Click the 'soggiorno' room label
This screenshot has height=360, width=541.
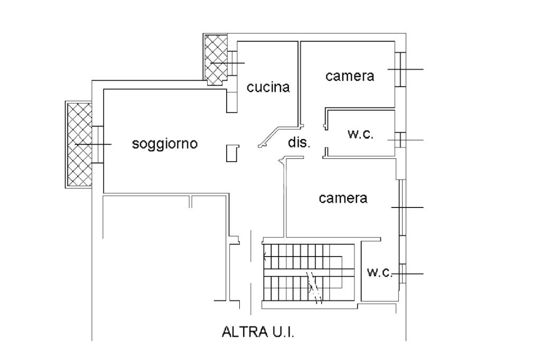[x=164, y=143]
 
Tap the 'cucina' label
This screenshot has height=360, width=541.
[x=268, y=87]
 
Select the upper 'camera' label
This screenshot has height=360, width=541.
[x=350, y=75]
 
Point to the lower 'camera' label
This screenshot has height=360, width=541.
[x=343, y=198]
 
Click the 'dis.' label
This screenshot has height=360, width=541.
[x=299, y=143]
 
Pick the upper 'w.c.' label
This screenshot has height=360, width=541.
[x=360, y=134]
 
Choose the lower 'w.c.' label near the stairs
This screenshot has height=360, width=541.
[x=380, y=272]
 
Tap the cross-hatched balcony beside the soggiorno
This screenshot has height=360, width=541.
[x=79, y=144]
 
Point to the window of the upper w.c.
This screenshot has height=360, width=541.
[x=401, y=140]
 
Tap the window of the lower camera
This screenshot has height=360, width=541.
[x=402, y=207]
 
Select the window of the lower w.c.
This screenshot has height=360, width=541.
[x=402, y=273]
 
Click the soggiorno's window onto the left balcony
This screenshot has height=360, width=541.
[x=97, y=145]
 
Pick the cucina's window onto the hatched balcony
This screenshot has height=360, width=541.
[x=232, y=63]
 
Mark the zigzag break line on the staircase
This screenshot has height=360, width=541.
[x=314, y=287]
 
